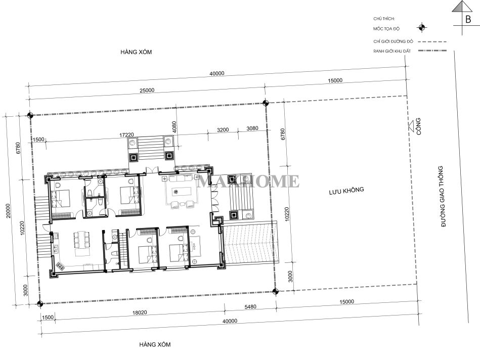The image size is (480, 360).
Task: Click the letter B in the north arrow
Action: coord(468,19)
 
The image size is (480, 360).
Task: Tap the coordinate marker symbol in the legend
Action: coord(422,27)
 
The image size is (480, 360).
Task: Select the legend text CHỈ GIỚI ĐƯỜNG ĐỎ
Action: coord(393,41)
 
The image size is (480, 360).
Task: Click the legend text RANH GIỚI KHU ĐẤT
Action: coord(392,51)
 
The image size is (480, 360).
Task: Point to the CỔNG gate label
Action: coord(418,126)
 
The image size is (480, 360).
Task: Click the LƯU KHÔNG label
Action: coord(346,191)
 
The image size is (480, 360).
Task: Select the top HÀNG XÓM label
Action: coord(136,52)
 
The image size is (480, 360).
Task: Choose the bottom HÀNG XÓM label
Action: coord(155,344)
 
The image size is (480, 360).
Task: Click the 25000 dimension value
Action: coord(147,91)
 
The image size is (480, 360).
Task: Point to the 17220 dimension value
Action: coord(126,134)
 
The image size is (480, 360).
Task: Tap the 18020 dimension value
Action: coord(140,312)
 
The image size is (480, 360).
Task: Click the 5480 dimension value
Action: coord(250,306)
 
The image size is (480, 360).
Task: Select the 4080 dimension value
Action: coord(174,127)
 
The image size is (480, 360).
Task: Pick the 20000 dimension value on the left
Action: coord(8,211)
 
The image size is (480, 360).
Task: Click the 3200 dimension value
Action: coord(223,130)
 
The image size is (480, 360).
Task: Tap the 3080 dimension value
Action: coord(252,128)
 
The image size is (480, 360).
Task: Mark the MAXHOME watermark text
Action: coord(248,181)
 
